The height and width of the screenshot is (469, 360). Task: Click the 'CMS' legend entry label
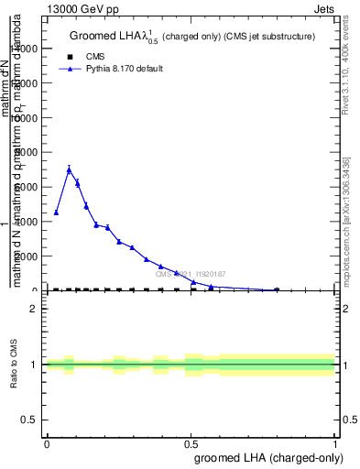(x=95, y=56)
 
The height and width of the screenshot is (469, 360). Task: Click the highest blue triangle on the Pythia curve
(x=69, y=169)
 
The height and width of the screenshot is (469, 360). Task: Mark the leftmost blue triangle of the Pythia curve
(x=56, y=213)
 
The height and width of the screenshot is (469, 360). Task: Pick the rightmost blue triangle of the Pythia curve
(x=277, y=289)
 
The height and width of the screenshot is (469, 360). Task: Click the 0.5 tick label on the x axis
(x=192, y=443)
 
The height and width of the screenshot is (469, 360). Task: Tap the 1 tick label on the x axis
(x=336, y=443)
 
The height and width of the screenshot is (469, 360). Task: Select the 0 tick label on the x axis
(x=48, y=443)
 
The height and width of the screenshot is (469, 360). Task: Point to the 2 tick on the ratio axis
(x=34, y=309)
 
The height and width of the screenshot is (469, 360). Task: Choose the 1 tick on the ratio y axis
(x=34, y=365)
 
